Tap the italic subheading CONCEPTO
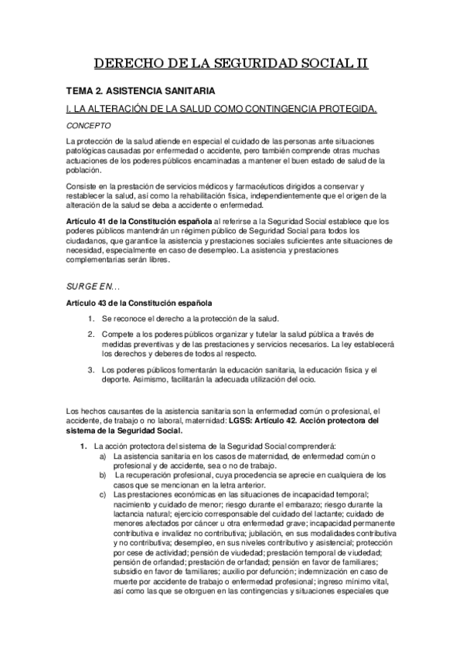89,124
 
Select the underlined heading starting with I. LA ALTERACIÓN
223,108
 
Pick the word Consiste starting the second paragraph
83,188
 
